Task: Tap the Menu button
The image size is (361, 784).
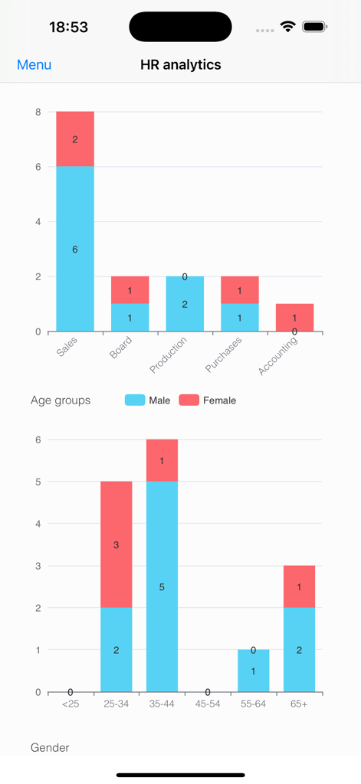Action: pos(34,65)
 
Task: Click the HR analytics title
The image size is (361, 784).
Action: pos(181,65)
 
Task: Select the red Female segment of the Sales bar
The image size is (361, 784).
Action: pos(75,139)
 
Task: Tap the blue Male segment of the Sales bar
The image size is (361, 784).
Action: pos(75,249)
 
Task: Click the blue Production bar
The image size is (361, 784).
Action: pos(185,304)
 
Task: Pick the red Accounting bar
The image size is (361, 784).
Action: pos(294,317)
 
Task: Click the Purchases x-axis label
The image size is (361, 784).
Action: pos(224,354)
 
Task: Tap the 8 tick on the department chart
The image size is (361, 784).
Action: pos(38,112)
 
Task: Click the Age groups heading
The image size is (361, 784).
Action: pos(61,400)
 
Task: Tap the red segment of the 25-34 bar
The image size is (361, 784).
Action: pos(116,544)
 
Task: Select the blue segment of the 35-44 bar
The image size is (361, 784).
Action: pos(162,586)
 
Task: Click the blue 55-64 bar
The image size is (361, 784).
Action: pos(253,671)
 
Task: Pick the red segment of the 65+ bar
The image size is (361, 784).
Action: pos(299,586)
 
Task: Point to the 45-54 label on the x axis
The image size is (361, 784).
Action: pos(208,704)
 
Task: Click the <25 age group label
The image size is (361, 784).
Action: pos(70,704)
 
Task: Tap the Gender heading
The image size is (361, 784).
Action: pos(50,747)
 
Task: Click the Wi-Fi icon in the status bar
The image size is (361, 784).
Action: pos(288,27)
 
